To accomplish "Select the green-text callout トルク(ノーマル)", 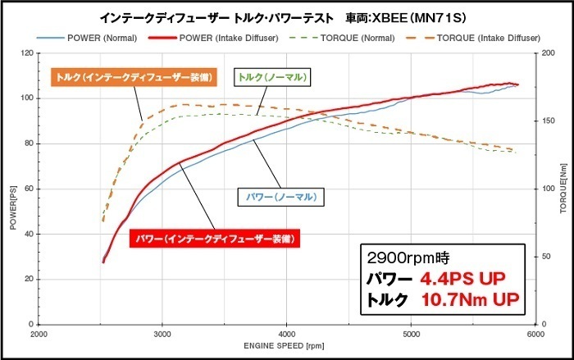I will pos(274,77).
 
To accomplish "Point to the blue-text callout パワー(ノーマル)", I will pos(280,197).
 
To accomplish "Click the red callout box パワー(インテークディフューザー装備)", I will pos(213,239).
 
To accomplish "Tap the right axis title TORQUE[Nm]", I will pos(563,189).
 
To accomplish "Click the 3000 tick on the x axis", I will pos(162,335).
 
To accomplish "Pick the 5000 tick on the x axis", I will pos(412,335).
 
